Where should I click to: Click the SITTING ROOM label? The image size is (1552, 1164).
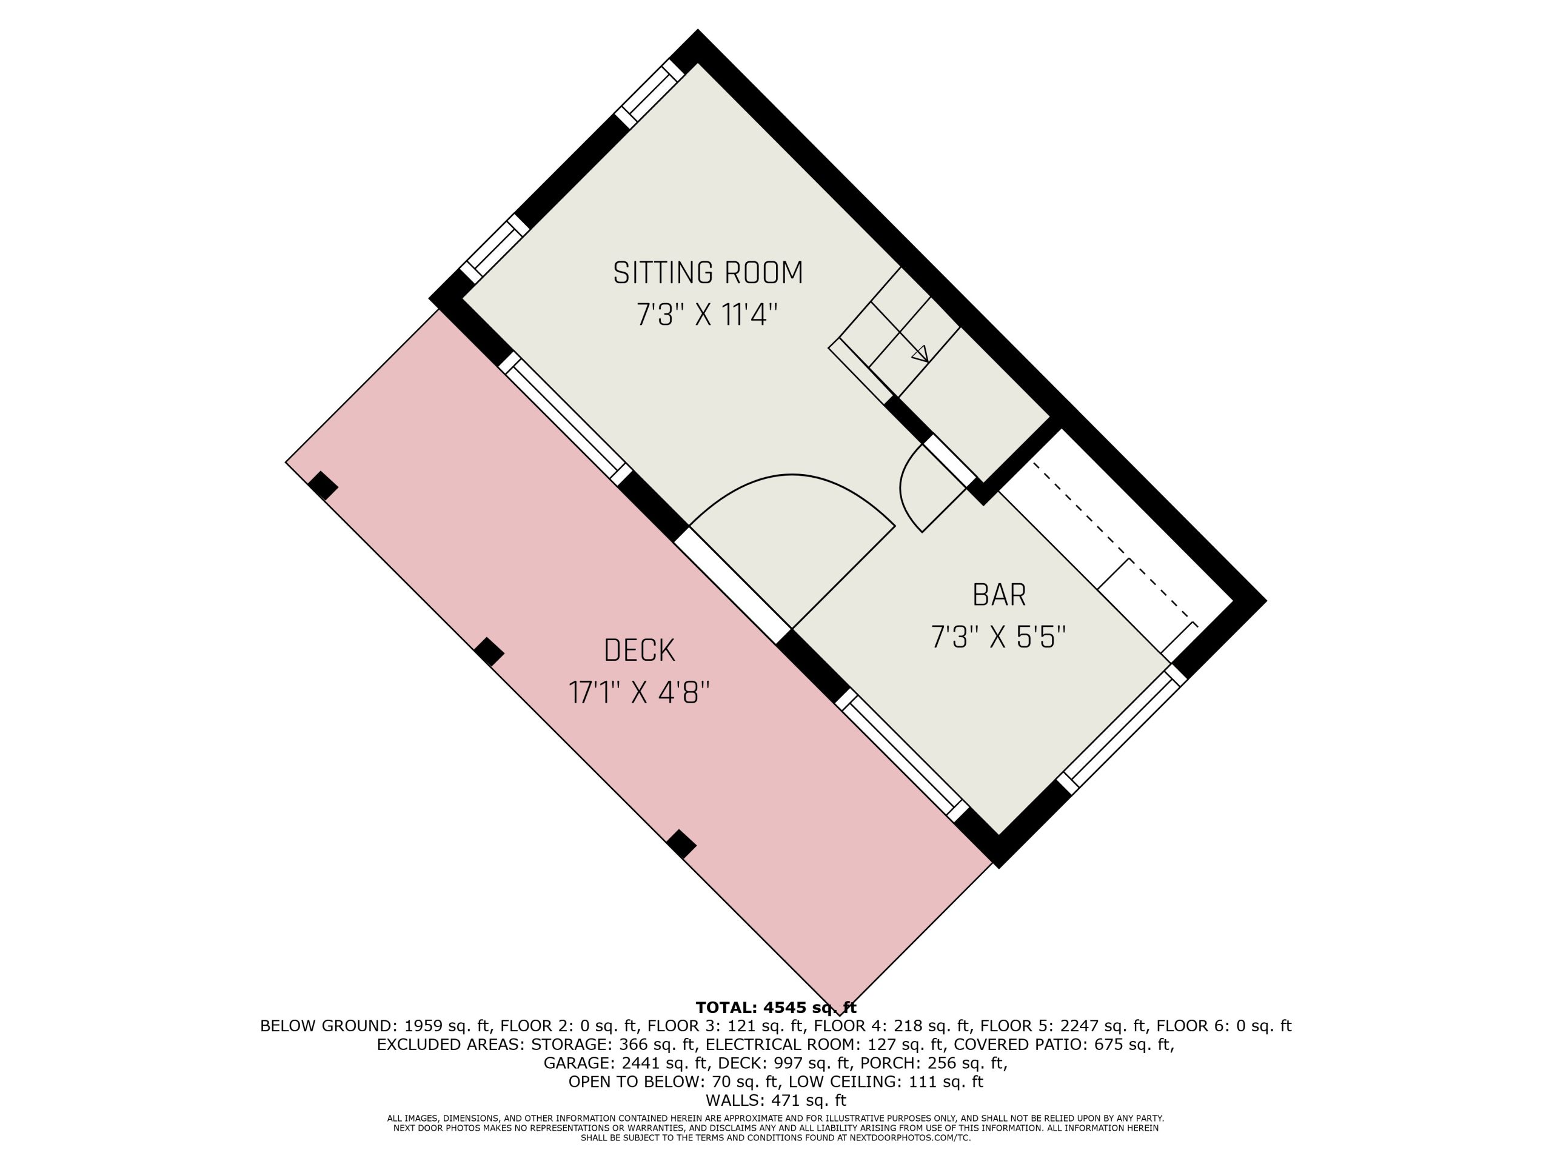708,273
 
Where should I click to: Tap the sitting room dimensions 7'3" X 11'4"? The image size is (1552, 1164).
707,314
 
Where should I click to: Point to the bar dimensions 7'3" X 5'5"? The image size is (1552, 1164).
998,638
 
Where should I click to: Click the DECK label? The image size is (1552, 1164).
639,651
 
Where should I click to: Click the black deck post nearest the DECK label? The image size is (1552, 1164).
489,652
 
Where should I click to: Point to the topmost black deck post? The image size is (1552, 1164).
323,486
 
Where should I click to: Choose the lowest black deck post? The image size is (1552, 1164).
681,844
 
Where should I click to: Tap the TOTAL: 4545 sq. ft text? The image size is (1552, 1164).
776,1008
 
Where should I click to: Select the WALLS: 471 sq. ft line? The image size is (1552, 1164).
776,1100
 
